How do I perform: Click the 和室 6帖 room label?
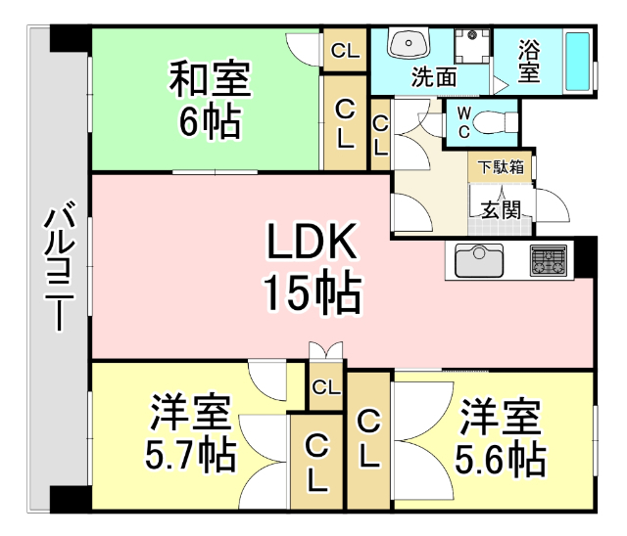click(x=210, y=98)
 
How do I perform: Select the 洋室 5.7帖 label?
click(x=191, y=435)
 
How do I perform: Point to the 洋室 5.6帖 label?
click(x=502, y=435)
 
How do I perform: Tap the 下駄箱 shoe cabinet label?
click(x=501, y=167)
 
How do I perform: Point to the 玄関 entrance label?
click(x=500, y=207)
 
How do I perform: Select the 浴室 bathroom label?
click(x=528, y=61)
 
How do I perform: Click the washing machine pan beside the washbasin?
click(x=472, y=46)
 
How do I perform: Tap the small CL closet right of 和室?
click(x=345, y=49)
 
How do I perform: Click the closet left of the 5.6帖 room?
click(x=368, y=437)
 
